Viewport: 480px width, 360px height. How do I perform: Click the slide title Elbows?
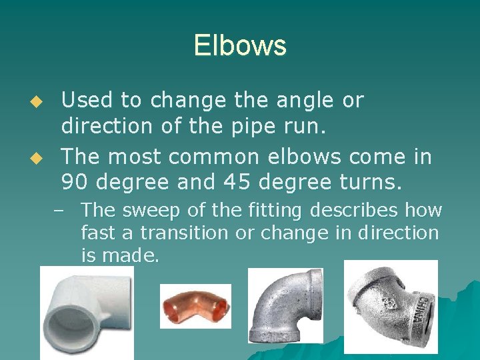(x=240, y=45)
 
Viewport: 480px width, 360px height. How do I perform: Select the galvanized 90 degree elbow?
(x=285, y=305)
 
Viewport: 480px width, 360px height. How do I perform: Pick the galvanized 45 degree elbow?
(x=390, y=307)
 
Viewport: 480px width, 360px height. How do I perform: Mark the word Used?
(x=87, y=101)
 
